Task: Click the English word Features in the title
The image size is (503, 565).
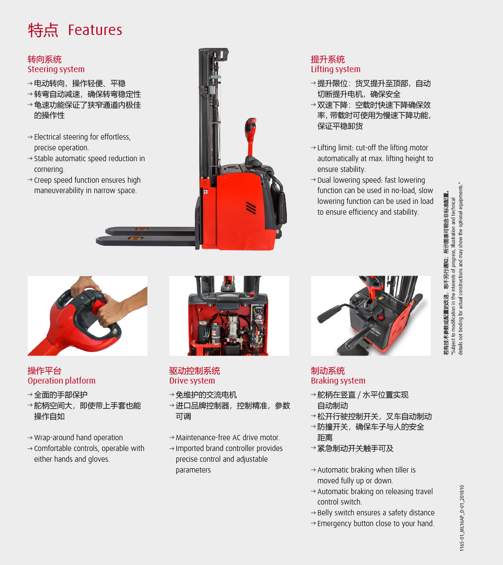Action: pos(95,30)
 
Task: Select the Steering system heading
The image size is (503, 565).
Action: pos(56,69)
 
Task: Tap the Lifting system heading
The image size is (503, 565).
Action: pos(336,69)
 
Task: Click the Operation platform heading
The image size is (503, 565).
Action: pos(61,381)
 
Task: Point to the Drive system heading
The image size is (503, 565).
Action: pos(192,381)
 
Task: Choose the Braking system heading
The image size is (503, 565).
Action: pos(338,381)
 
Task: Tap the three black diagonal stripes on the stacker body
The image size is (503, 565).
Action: pos(251,207)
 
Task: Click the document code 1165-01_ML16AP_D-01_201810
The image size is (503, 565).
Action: pos(462,518)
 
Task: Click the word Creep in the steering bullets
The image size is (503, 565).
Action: pos(43,181)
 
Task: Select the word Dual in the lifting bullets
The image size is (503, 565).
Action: pos(325,180)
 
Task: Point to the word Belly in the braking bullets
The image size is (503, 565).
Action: pos(325,513)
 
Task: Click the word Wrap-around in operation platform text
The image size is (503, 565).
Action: pos(51,438)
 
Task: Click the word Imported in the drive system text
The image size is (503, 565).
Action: pos(187,449)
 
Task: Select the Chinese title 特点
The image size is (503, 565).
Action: pos(43,30)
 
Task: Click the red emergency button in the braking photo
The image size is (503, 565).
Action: pos(381,317)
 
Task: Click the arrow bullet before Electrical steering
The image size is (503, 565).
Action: pos(30,137)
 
